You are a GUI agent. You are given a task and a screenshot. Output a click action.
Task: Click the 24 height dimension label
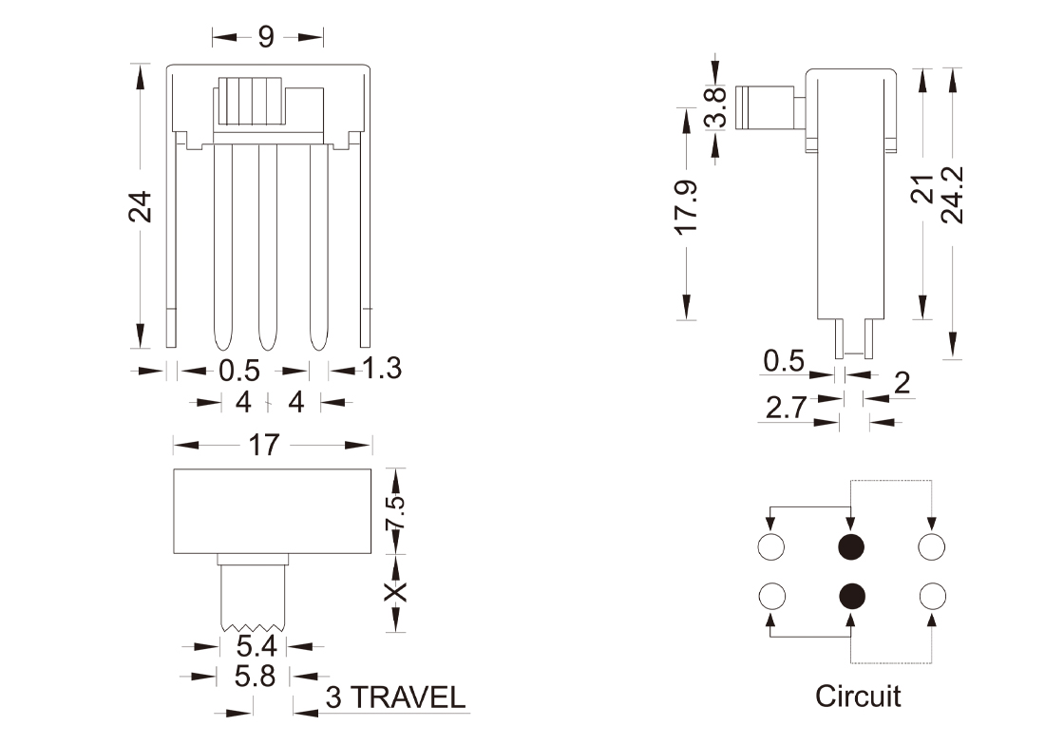(x=141, y=206)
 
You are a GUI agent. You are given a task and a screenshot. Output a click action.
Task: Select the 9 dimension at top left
(x=266, y=37)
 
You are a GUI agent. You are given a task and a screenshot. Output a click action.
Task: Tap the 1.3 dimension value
(x=381, y=368)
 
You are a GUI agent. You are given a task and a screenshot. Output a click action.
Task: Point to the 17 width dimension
(x=265, y=444)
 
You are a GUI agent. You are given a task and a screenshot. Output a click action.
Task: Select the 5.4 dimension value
(x=255, y=648)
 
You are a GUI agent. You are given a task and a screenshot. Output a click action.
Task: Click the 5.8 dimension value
(x=255, y=677)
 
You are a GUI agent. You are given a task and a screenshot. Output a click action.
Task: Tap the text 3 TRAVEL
(x=395, y=698)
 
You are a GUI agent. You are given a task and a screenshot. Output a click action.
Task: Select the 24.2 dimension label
(x=953, y=195)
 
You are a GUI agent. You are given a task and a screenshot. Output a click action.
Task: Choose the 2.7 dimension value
(x=787, y=408)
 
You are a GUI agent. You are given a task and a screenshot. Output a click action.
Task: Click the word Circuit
(x=857, y=696)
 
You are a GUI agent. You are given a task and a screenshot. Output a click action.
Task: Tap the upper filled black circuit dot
(x=851, y=546)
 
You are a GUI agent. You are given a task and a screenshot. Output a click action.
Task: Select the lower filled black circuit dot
(x=852, y=596)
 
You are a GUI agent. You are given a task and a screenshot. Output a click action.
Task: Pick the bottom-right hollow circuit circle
(x=933, y=596)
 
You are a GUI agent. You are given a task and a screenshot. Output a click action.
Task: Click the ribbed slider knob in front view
(x=252, y=102)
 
